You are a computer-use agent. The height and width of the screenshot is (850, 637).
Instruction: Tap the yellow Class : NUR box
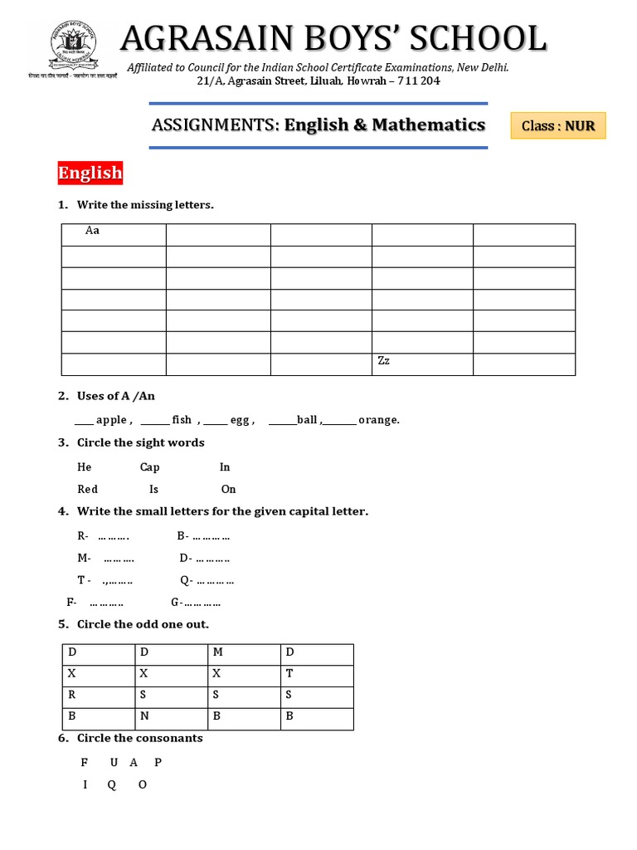click(x=558, y=126)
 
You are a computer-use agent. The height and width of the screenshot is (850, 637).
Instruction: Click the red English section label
click(x=90, y=173)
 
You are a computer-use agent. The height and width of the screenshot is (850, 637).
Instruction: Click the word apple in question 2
click(x=111, y=420)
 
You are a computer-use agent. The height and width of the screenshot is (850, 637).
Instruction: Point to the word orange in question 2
click(x=378, y=420)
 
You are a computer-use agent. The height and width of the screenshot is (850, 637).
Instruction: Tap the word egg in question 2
click(x=240, y=420)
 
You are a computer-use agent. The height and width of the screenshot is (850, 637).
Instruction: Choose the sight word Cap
click(x=149, y=467)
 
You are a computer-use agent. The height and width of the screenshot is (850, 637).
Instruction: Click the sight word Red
click(x=87, y=489)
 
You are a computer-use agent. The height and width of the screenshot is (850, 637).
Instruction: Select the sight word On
click(x=228, y=489)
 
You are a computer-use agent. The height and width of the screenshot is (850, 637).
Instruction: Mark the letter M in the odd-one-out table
click(x=217, y=653)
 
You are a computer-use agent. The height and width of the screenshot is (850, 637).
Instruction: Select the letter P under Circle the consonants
click(x=158, y=762)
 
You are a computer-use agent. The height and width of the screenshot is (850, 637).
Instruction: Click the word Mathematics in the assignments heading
click(x=428, y=125)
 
